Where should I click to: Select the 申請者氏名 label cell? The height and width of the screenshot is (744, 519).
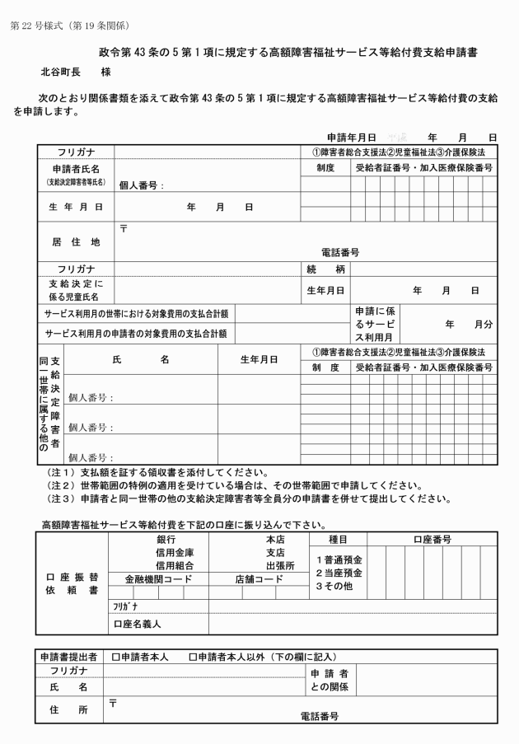[75, 168]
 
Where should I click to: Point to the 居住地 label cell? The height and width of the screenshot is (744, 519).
[75, 242]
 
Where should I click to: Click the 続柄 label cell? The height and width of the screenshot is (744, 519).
[325, 269]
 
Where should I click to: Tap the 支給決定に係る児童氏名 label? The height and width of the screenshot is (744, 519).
[75, 290]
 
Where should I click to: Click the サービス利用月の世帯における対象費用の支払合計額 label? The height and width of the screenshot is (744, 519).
[137, 314]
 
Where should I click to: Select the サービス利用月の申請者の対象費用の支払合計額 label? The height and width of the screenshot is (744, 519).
[137, 333]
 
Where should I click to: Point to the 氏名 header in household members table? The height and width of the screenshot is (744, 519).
[140, 359]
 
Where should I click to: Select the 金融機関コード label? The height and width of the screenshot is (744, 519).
[157, 578]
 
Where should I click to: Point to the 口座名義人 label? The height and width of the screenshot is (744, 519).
[137, 625]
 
